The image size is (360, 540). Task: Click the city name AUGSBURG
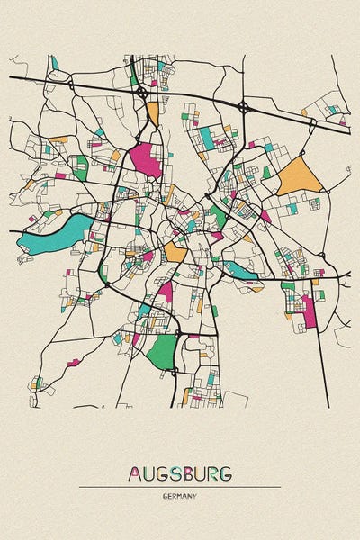click(180, 472)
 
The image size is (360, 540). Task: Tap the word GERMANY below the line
click(180, 496)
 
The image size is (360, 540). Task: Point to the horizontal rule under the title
click(180, 487)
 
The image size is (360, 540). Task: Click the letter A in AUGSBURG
click(136, 472)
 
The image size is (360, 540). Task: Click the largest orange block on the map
click(299, 175)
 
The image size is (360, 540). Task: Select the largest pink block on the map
click(144, 159)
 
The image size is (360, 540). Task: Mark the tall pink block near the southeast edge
click(310, 310)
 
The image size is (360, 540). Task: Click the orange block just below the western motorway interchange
click(152, 112)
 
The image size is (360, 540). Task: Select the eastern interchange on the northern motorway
click(243, 107)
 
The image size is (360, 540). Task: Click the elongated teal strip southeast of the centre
click(238, 269)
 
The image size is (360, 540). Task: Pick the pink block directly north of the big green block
click(165, 292)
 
